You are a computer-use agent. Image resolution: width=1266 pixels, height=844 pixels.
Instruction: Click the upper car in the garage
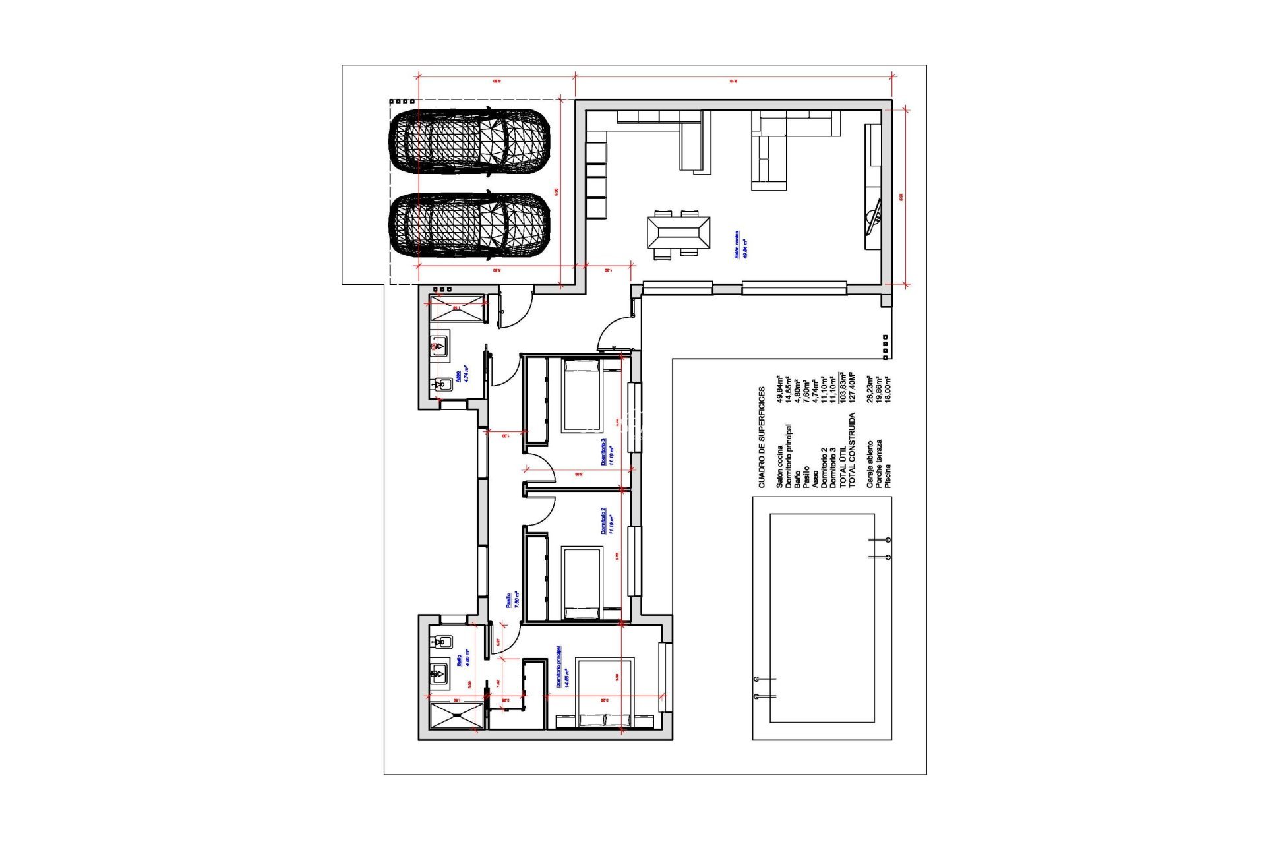pyautogui.click(x=469, y=143)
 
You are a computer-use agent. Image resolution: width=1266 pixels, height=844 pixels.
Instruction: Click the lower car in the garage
pyautogui.click(x=469, y=225)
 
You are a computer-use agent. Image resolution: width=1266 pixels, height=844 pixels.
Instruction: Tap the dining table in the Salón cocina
pyautogui.click(x=678, y=233)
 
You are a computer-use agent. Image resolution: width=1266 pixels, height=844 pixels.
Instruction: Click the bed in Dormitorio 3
pyautogui.click(x=581, y=396)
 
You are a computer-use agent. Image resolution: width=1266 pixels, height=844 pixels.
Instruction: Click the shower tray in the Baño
pyautogui.click(x=456, y=716)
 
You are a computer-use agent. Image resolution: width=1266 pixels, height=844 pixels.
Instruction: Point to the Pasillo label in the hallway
pyautogui.click(x=508, y=600)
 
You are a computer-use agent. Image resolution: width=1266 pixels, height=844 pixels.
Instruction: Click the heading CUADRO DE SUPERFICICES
pyautogui.click(x=761, y=437)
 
